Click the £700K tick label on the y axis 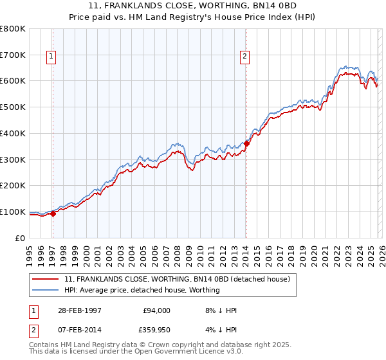(13, 55)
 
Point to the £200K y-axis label (13, 186)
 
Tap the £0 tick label (21, 238)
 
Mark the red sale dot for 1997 (53, 214)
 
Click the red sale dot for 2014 (247, 144)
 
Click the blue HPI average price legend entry (142, 290)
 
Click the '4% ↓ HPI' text (220, 329)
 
